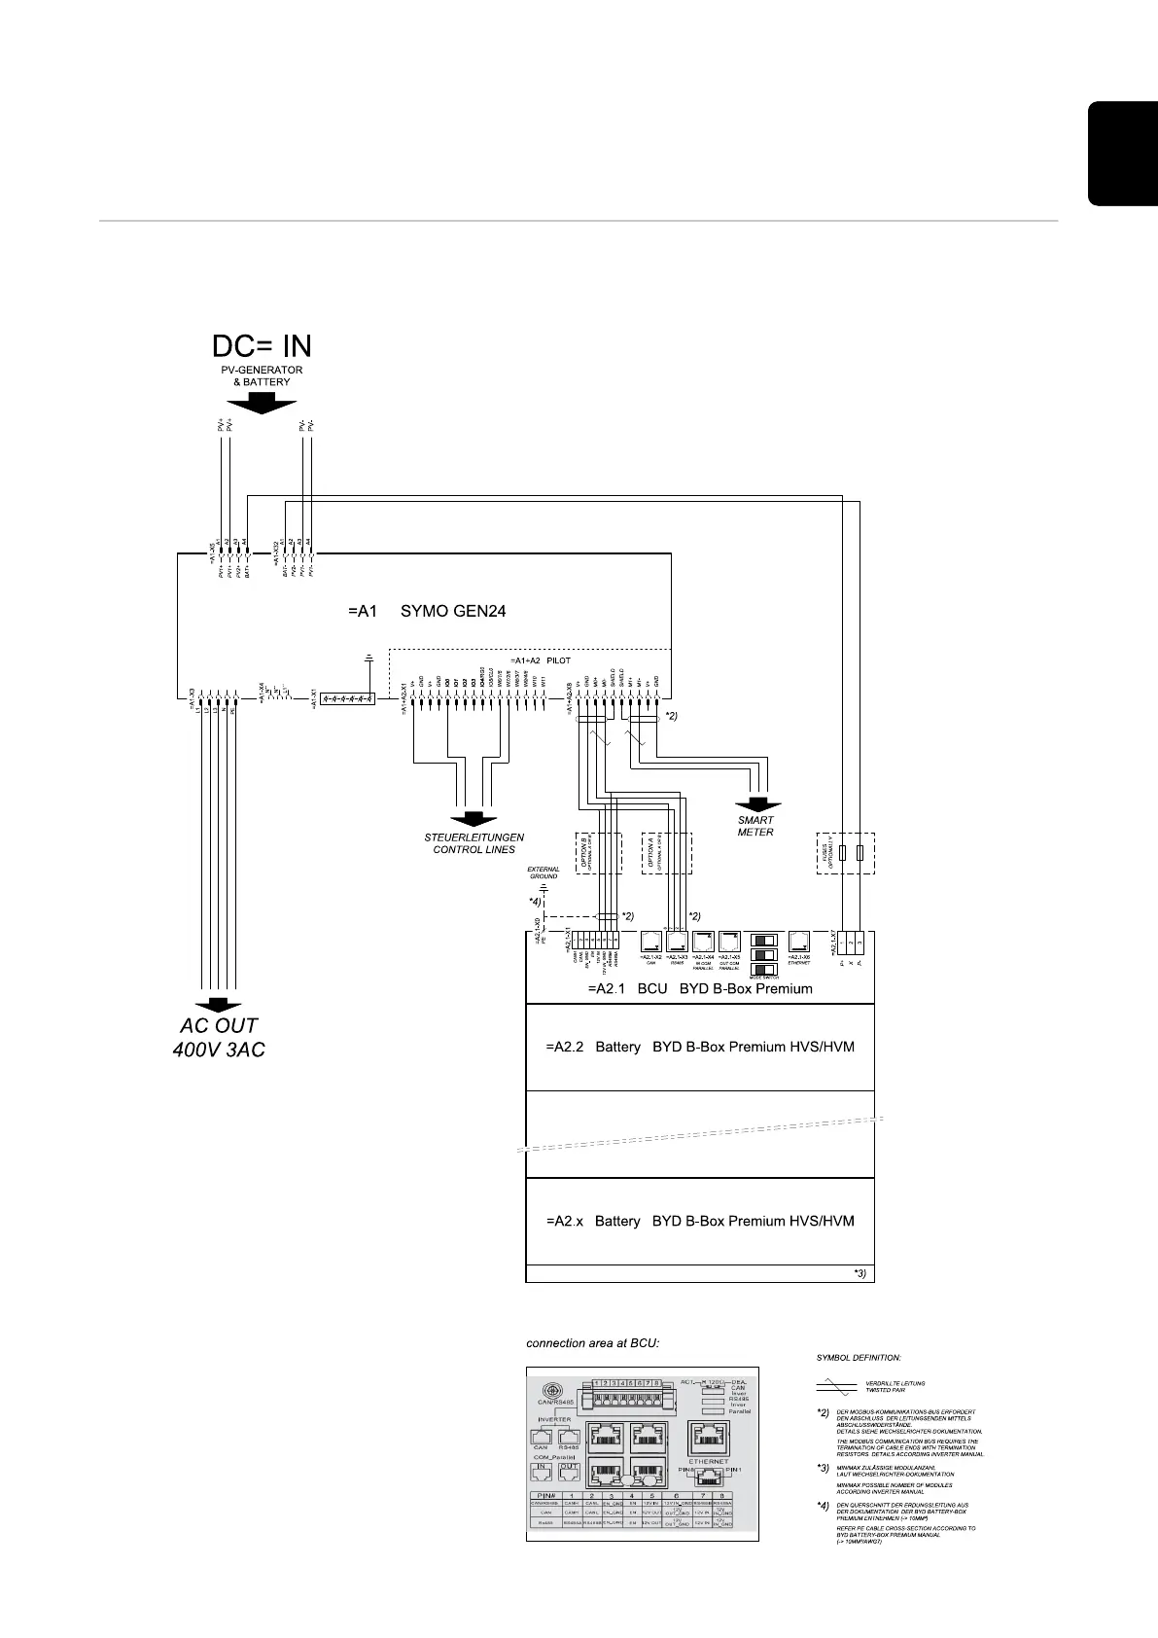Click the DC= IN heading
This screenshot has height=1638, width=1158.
click(x=263, y=346)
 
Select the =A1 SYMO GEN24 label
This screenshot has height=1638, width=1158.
click(x=427, y=612)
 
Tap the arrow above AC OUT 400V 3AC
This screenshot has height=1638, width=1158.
click(x=219, y=1006)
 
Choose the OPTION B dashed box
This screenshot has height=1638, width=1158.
click(x=597, y=853)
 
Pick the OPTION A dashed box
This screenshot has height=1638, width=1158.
click(x=666, y=853)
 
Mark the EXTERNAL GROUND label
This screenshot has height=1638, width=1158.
click(x=544, y=872)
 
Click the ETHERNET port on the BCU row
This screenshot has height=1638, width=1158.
click(x=799, y=943)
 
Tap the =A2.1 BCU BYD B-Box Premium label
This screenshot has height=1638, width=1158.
click(x=699, y=988)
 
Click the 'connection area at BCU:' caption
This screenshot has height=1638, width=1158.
click(x=593, y=1344)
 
